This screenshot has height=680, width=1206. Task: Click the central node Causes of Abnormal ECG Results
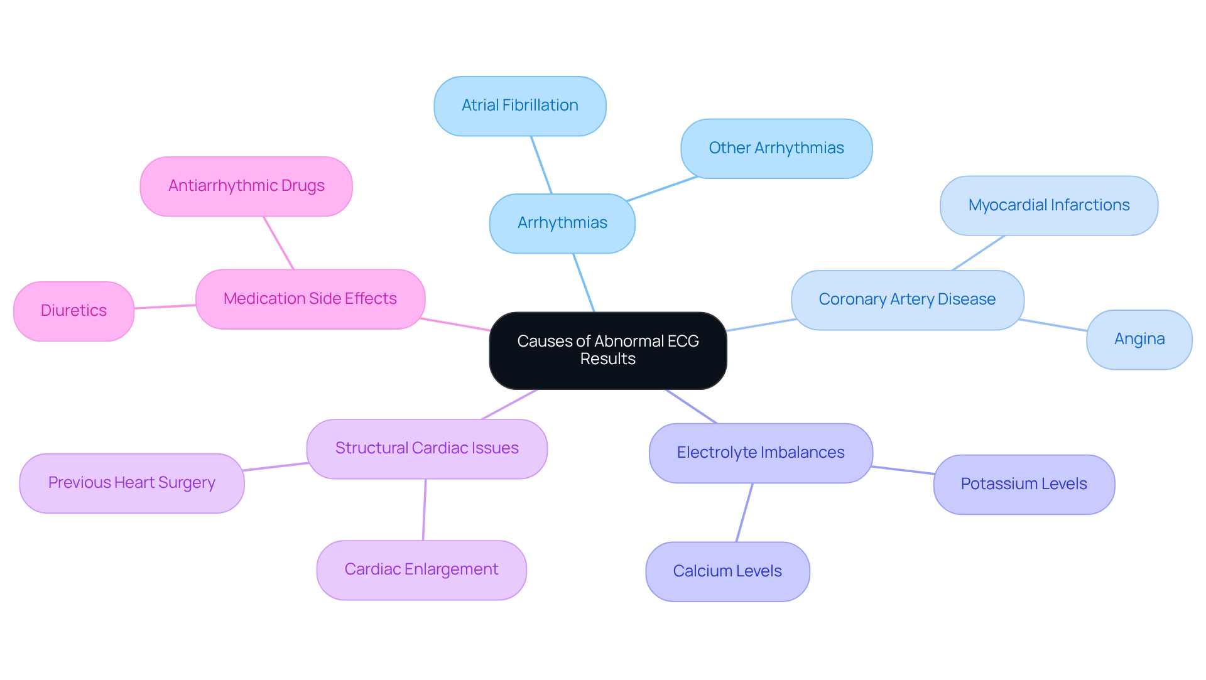(607, 350)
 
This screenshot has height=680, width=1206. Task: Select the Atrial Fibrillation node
(519, 105)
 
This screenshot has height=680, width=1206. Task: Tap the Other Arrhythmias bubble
(776, 148)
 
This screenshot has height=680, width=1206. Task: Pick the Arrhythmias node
(562, 223)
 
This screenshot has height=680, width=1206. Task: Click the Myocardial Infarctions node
(1048, 205)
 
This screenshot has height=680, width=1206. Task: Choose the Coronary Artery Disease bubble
(907, 300)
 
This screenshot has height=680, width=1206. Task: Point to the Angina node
(1139, 339)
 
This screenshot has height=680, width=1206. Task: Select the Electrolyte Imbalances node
(760, 453)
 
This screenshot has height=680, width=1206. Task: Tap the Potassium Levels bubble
(1023, 484)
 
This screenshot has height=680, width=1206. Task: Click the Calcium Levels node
(727, 571)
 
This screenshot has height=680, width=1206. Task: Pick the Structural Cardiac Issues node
(426, 448)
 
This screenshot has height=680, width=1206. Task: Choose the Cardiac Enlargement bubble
(421, 569)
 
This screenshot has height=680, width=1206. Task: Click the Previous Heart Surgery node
(131, 483)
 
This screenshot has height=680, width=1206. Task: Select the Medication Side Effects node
(310, 299)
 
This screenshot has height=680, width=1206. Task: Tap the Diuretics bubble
(73, 311)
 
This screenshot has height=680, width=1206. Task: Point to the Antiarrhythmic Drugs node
(246, 186)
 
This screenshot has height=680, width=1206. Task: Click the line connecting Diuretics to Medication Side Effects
(165, 307)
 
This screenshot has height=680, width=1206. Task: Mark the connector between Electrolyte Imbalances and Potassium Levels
(903, 470)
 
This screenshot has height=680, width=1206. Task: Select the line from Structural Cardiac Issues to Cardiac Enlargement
(425, 509)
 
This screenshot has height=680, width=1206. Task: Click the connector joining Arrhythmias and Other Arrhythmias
(662, 189)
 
